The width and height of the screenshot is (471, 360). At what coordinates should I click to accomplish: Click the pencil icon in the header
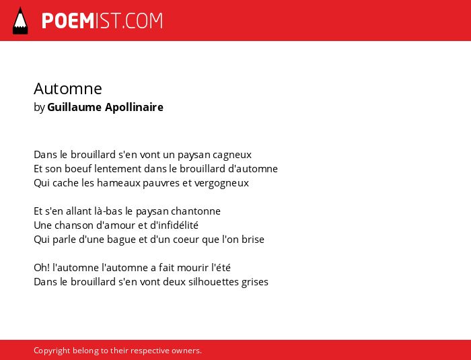[x=20, y=20]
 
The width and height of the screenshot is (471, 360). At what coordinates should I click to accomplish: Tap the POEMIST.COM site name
[x=102, y=21]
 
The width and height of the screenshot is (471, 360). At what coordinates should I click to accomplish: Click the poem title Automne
[x=68, y=89]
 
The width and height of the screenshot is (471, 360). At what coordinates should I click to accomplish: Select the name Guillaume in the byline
[x=74, y=107]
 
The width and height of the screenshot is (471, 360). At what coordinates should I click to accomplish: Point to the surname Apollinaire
[x=134, y=107]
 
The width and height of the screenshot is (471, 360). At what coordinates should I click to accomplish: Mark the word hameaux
[x=118, y=183]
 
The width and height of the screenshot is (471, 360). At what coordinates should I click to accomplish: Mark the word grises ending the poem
[x=255, y=282]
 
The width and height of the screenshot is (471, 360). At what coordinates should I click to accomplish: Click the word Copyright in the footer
[x=52, y=351]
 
